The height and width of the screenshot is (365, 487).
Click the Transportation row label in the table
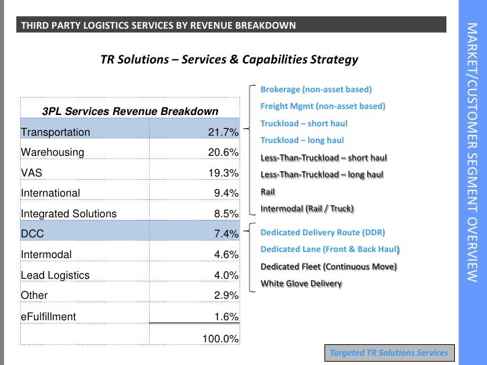[56, 132]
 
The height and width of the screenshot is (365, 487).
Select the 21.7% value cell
[223, 132]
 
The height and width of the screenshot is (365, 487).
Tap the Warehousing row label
[53, 152]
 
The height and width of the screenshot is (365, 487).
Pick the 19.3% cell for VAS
[223, 173]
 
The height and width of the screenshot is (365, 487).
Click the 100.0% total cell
[221, 339]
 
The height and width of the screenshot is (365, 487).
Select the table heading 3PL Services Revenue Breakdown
[130, 111]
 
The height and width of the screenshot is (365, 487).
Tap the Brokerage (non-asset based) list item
[316, 89]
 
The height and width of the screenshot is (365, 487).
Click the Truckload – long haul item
[302, 140]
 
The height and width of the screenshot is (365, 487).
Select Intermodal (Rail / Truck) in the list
[307, 209]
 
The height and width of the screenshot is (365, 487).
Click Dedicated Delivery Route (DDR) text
[322, 233]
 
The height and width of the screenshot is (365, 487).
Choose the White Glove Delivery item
[301, 283]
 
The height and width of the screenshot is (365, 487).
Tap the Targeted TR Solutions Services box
[389, 352]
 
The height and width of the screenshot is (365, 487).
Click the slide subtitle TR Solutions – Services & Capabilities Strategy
[229, 59]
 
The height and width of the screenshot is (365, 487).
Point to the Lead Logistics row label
[56, 275]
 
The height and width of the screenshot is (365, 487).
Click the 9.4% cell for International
[225, 193]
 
